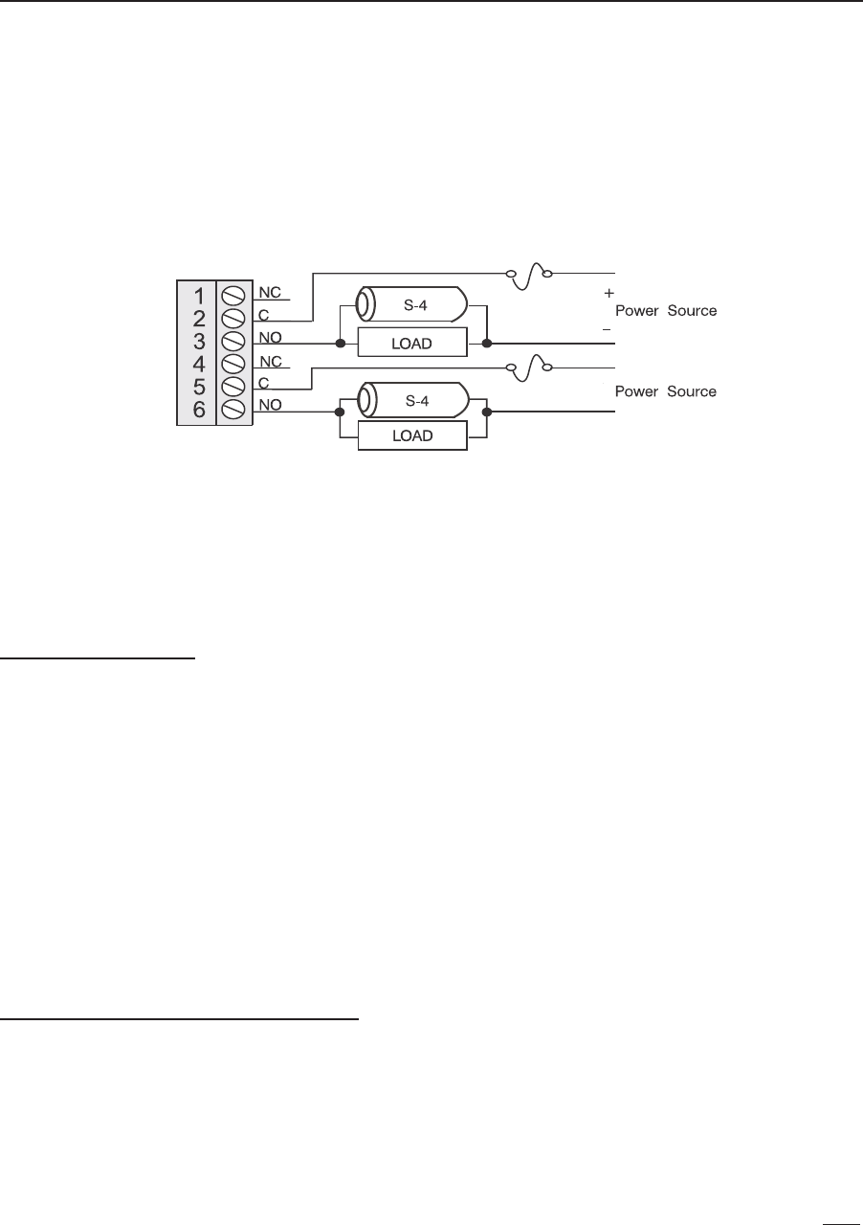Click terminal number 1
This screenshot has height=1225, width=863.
coord(198,296)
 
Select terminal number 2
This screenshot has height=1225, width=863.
coord(198,319)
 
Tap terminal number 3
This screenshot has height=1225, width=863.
coord(198,341)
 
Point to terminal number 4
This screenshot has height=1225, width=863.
coord(198,364)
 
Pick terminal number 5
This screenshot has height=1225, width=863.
coord(198,387)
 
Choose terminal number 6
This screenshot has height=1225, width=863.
coord(198,410)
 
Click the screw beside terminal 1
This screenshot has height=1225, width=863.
coord(232,296)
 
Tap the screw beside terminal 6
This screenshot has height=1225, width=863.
coord(232,410)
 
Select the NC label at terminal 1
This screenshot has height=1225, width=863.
coord(270,291)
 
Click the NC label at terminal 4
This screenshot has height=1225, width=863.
coord(270,361)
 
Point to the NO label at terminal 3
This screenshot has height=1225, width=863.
coord(270,337)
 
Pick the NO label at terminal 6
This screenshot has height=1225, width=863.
coord(270,405)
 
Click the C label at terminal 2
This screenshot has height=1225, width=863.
coord(263,314)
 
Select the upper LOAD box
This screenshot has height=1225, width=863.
coord(412,342)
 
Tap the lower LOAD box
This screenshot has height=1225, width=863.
coord(412,435)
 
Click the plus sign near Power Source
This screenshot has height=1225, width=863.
coord(609,293)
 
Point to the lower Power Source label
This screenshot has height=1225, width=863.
coord(665,391)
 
